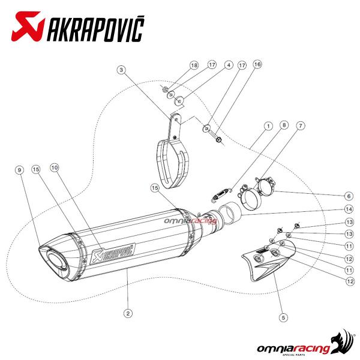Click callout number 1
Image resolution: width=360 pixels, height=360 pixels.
pos(268,126)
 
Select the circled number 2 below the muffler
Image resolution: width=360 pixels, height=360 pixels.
pos(128,313)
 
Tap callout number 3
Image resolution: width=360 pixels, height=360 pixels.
pos(121,70)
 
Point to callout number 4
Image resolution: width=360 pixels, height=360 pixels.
pos(229,65)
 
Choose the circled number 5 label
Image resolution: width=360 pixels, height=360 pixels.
pos(283,317)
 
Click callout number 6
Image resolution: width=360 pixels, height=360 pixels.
pos(349,196)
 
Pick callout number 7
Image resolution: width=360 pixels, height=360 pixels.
pos(301,126)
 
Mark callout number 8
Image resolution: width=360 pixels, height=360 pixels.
pos(284,125)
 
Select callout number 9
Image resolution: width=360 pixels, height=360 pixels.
pos(20,170)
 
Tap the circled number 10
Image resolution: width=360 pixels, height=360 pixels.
pos(55,168)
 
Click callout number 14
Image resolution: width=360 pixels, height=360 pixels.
pos(349,209)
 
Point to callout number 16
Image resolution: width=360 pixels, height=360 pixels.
pos(257,65)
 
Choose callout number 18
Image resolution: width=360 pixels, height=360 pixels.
pos(194,65)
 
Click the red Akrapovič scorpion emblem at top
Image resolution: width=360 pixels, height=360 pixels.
pos(28,26)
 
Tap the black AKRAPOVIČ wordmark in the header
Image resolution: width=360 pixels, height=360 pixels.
pos(95,28)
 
